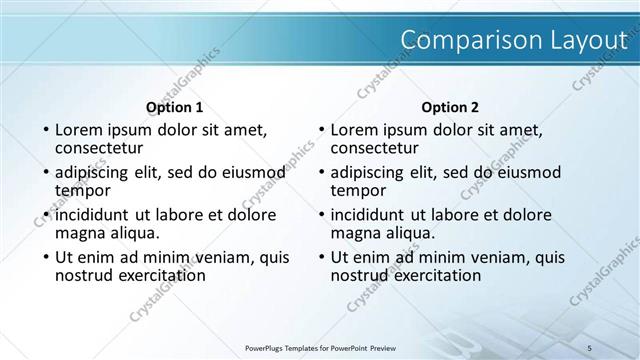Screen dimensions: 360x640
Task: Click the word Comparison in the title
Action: coord(455,39)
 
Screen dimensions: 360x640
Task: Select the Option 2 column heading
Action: coord(450,106)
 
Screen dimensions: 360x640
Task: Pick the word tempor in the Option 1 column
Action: coord(81,190)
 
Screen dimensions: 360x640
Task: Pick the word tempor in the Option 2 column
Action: coord(357,190)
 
